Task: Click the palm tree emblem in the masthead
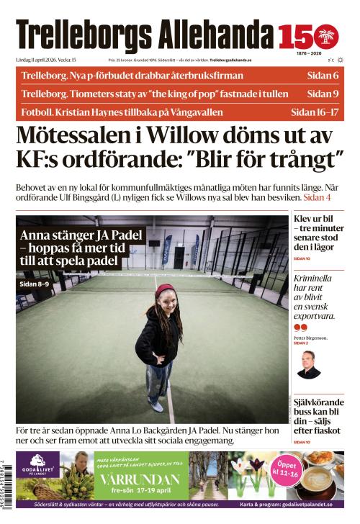[x=328, y=36]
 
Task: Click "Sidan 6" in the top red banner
[x=323, y=76]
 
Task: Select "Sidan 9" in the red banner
[x=323, y=94]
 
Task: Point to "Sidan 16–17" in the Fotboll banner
[x=315, y=112]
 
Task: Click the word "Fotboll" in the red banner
[x=36, y=112]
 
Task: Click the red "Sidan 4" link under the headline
[x=317, y=196]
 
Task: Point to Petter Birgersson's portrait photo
[x=309, y=364]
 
